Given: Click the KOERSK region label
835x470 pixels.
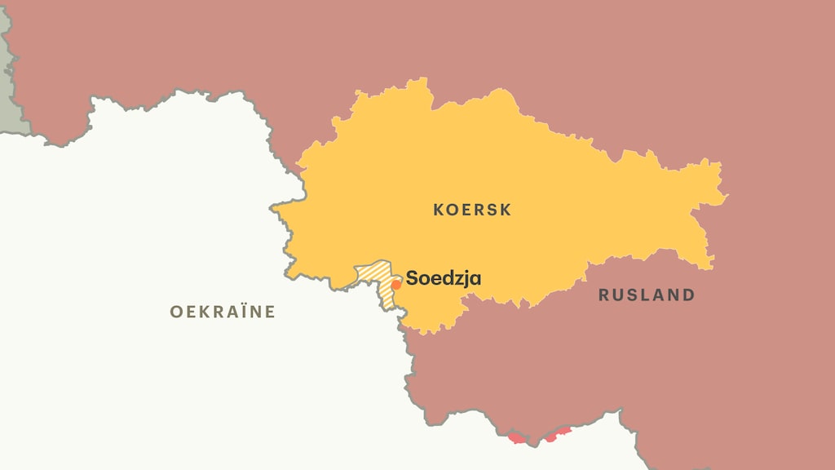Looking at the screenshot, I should (x=472, y=210).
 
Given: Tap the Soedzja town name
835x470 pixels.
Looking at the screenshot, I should (x=444, y=278).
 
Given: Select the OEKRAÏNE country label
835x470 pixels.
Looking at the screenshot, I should (x=223, y=312).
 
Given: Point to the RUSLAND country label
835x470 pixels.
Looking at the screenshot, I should (x=647, y=295).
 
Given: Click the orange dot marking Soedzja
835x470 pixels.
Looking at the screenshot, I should (x=396, y=285).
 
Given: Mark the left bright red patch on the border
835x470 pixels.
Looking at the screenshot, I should (x=517, y=439).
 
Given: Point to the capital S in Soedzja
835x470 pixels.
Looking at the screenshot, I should (x=413, y=278).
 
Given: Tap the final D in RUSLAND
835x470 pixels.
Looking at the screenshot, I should (x=688, y=295).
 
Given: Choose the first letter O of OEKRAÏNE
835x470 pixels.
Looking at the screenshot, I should (x=175, y=312).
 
